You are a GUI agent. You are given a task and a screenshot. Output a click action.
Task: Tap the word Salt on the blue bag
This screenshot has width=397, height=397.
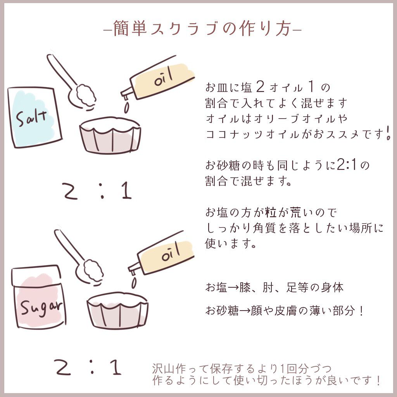pyautogui.click(x=32, y=116)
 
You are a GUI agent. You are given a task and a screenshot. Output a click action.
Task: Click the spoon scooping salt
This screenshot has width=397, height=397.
pyautogui.click(x=74, y=83)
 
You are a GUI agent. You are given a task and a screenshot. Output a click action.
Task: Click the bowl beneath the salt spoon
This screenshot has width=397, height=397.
pyautogui.click(x=110, y=136)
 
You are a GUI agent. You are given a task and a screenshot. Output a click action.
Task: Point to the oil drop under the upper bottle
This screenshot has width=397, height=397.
pyautogui.click(x=126, y=107)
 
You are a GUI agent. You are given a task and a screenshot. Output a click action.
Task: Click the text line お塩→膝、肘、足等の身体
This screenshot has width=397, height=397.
pyautogui.click(x=274, y=288)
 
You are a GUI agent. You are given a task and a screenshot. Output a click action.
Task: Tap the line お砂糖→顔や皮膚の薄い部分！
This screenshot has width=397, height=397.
pyautogui.click(x=285, y=311)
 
